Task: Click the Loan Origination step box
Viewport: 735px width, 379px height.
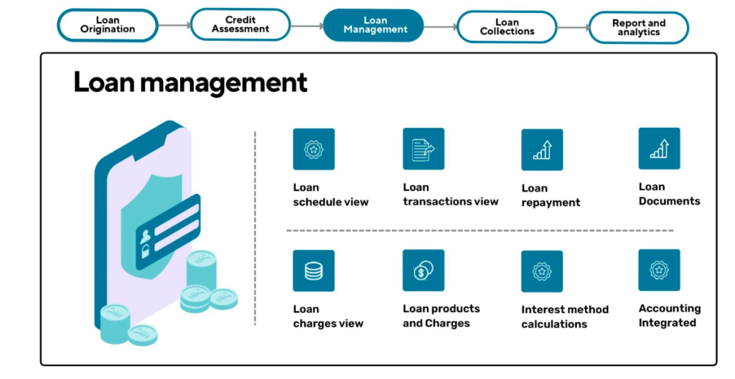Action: click(x=108, y=25)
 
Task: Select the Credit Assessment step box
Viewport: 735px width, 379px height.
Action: click(x=240, y=25)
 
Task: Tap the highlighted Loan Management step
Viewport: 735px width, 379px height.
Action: click(x=375, y=25)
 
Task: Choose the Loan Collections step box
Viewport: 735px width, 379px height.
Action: click(x=507, y=27)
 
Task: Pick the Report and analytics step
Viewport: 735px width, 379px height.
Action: click(x=638, y=27)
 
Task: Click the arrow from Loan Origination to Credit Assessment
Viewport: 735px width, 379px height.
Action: click(x=174, y=25)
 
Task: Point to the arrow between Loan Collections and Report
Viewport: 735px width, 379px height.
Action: click(x=573, y=27)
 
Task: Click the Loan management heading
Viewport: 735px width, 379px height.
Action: click(x=190, y=83)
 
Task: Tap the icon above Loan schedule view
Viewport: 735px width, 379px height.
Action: click(x=314, y=149)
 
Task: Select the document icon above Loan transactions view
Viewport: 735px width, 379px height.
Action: click(x=423, y=149)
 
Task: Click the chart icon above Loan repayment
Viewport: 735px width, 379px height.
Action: click(x=542, y=149)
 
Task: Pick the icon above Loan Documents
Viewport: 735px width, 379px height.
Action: click(x=659, y=149)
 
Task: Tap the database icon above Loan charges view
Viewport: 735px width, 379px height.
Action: click(x=314, y=271)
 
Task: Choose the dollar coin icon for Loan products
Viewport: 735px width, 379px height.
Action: click(x=423, y=271)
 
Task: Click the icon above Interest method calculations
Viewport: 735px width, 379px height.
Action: click(x=542, y=271)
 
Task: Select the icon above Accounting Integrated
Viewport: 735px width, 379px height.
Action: click(x=659, y=270)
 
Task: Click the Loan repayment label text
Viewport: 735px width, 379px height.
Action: click(x=551, y=195)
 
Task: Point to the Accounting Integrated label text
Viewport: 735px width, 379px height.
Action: click(x=669, y=316)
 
